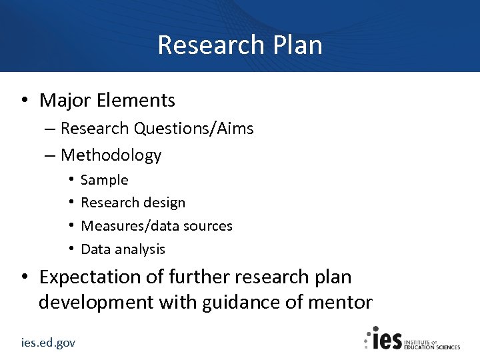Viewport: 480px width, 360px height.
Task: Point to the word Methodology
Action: (111, 155)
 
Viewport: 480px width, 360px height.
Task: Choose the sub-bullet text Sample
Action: (104, 180)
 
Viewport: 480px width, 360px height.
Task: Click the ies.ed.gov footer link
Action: (48, 343)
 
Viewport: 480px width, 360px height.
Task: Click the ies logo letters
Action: (386, 339)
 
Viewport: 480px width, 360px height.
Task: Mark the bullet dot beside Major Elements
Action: (23, 101)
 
